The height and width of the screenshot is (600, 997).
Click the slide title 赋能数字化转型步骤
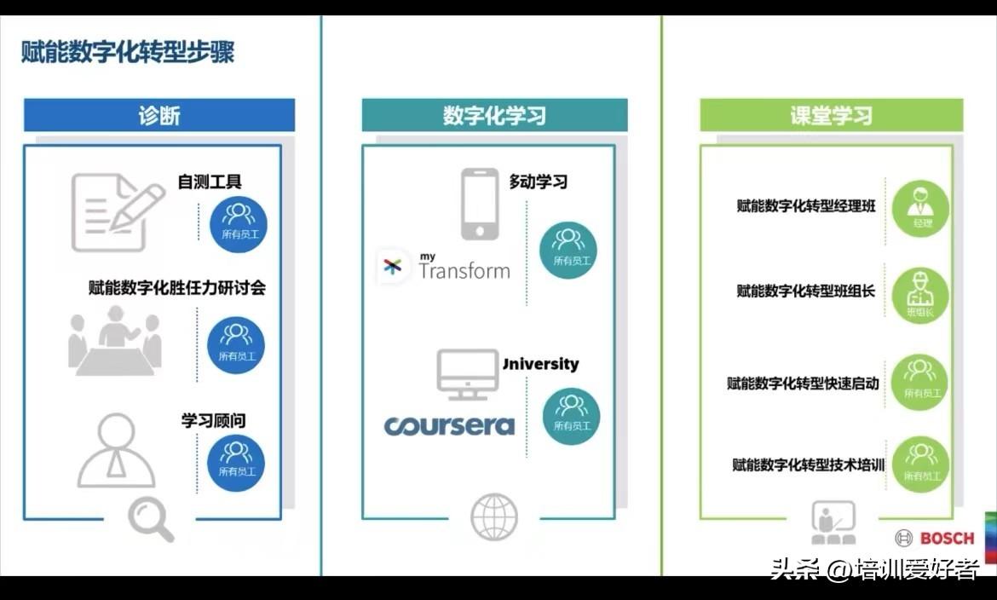pos(128,53)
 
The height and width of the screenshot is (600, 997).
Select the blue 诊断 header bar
pos(159,115)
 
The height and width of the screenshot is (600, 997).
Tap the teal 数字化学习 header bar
pos(494,115)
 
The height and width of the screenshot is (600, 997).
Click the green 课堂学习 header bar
pos(831,115)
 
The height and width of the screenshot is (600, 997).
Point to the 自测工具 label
pos(210,182)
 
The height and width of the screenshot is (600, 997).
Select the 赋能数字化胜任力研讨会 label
pos(177,288)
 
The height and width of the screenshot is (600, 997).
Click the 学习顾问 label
pos(213,421)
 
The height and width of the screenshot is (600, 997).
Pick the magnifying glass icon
pos(151,520)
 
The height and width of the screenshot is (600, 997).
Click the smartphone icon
pos(480,205)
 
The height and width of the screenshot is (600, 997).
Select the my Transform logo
pos(446,266)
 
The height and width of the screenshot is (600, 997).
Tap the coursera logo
pos(449,425)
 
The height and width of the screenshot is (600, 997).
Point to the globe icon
pos(494,516)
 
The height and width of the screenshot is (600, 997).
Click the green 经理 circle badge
pos(921,208)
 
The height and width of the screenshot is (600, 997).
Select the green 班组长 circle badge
pos(920,296)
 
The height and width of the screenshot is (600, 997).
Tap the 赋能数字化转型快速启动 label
pos(803,384)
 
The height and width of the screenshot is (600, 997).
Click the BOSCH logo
pos(935,538)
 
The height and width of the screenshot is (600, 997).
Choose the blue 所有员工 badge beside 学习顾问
pos(236,463)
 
